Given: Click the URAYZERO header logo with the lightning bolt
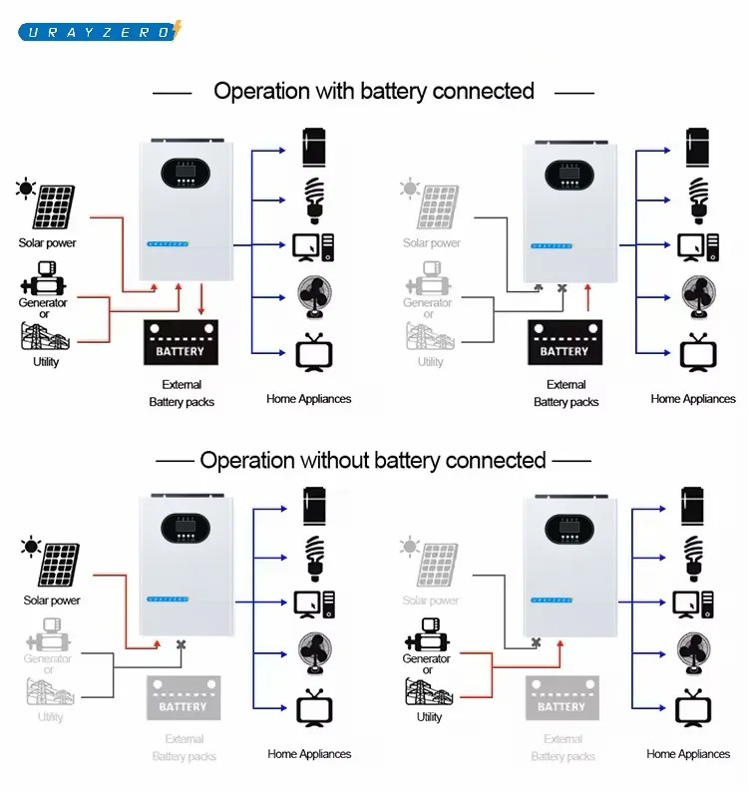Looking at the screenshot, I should pyautogui.click(x=100, y=31).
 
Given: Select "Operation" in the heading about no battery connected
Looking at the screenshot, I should pyautogui.click(x=246, y=460).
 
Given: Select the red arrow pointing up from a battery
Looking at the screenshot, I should pyautogui.click(x=588, y=297).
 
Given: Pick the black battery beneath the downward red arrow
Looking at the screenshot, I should pyautogui.click(x=181, y=342).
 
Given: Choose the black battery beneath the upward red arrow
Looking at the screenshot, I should pyautogui.click(x=564, y=342).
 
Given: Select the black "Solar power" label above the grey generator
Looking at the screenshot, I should pyautogui.click(x=52, y=600).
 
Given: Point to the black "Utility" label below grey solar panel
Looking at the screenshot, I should pyautogui.click(x=430, y=716).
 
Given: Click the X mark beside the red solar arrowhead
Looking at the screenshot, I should pyautogui.click(x=181, y=644).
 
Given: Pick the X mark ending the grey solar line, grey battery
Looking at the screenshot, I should pyautogui.click(x=537, y=643).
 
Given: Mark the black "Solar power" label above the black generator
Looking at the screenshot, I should pyautogui.click(x=47, y=242).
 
